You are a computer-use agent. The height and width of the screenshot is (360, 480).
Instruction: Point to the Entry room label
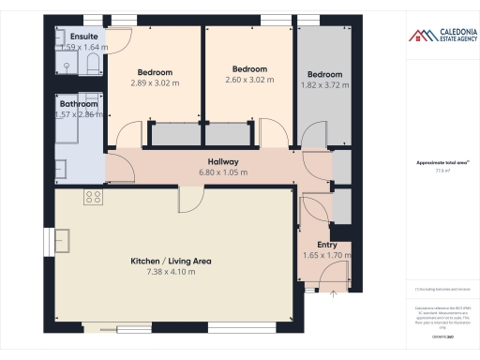pyautogui.click(x=326, y=245)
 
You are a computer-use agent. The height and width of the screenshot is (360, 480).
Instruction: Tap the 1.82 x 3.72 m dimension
pyautogui.click(x=323, y=85)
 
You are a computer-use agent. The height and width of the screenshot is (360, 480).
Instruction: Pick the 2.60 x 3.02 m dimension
pyautogui.click(x=249, y=80)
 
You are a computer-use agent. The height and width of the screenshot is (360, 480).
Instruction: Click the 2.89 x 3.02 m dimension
pyautogui.click(x=156, y=82)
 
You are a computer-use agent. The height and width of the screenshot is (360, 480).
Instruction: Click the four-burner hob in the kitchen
pyautogui.click(x=93, y=197)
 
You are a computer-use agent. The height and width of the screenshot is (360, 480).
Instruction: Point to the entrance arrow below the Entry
pyautogui.click(x=333, y=293)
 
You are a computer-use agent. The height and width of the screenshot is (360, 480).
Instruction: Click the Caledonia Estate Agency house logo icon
pyautogui.click(x=417, y=36)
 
